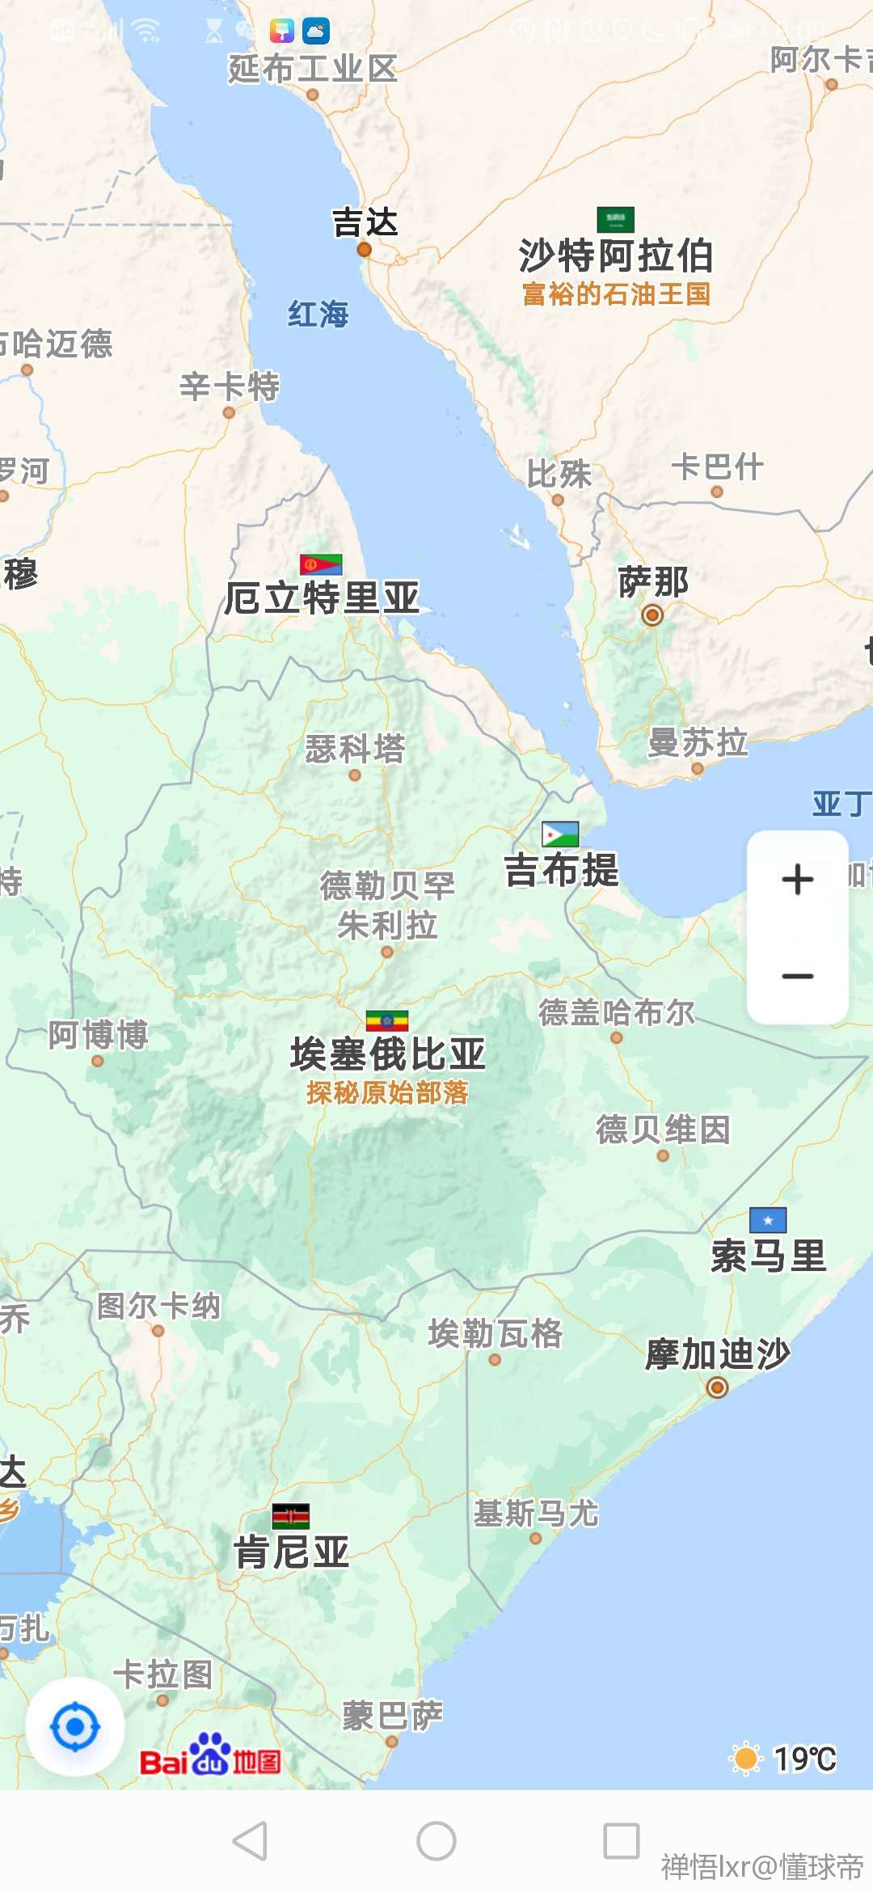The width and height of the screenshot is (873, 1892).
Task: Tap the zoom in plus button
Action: coord(798,880)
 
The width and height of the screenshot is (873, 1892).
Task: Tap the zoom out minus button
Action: coord(798,976)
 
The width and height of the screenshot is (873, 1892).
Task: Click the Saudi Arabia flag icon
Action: coord(615,219)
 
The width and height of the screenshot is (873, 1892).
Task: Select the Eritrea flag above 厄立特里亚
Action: coord(321,564)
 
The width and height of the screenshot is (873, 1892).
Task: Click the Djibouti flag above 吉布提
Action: coord(560,834)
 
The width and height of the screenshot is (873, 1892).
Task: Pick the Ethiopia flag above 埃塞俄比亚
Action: coord(387,1021)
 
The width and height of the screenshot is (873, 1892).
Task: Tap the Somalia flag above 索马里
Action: coord(768,1220)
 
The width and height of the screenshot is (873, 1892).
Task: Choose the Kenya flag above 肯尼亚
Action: coord(291,1516)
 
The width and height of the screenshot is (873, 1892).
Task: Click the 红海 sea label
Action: coord(318,314)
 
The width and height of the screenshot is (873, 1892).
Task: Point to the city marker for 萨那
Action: coord(652,615)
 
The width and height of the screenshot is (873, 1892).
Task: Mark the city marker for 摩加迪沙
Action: coord(717,1387)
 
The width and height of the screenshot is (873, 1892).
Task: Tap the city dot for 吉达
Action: coord(365,250)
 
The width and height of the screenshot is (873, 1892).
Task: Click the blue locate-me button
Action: coord(75,1727)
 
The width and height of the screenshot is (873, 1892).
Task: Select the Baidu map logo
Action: coord(210,1755)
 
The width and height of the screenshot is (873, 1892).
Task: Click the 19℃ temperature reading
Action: coord(805,1759)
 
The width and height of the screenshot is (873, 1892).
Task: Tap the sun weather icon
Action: coord(746,1759)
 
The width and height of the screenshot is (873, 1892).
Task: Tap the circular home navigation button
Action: coord(436,1841)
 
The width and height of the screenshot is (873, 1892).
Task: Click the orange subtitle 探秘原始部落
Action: coord(387,1093)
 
